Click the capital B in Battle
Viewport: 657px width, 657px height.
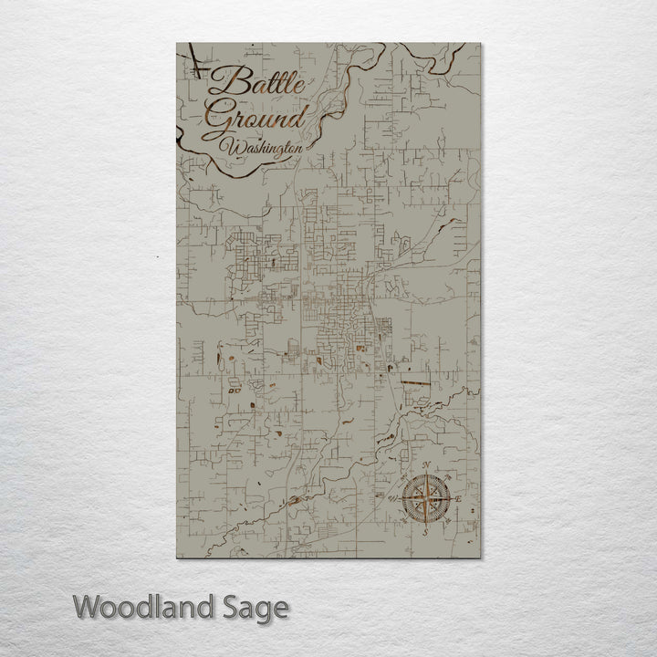(x=223, y=85)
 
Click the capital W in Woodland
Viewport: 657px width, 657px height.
(x=88, y=606)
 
